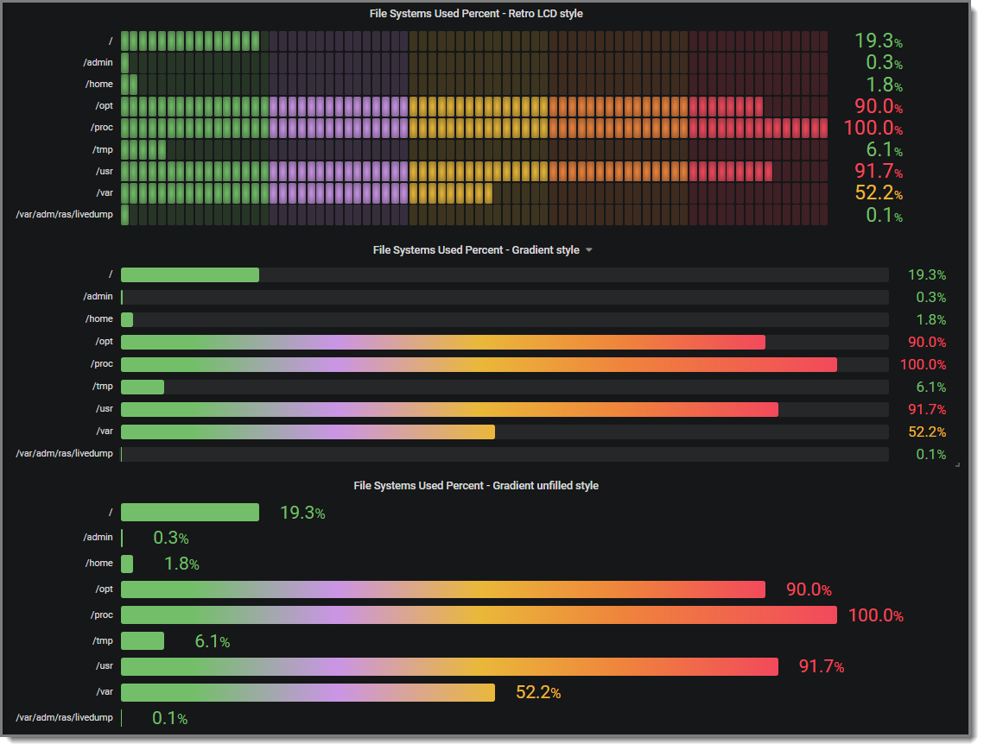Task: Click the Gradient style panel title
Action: (476, 249)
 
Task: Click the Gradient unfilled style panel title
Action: (476, 486)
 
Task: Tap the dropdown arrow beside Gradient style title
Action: (589, 249)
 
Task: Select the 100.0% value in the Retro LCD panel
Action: (873, 129)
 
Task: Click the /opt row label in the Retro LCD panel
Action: (104, 105)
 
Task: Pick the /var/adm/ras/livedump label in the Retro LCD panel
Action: (65, 214)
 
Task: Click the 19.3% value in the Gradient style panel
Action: (927, 275)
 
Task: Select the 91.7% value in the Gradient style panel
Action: (927, 410)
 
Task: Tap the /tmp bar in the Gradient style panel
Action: (143, 387)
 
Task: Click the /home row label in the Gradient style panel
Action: (98, 319)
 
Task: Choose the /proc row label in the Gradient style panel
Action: (102, 364)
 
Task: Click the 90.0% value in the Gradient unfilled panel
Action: (809, 590)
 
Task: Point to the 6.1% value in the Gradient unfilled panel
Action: (213, 641)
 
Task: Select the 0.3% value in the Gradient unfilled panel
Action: (171, 539)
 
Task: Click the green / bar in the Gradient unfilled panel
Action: (190, 513)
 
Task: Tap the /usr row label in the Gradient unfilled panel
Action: (103, 667)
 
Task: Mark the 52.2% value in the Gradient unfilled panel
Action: (538, 692)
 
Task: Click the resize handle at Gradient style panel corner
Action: (957, 464)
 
